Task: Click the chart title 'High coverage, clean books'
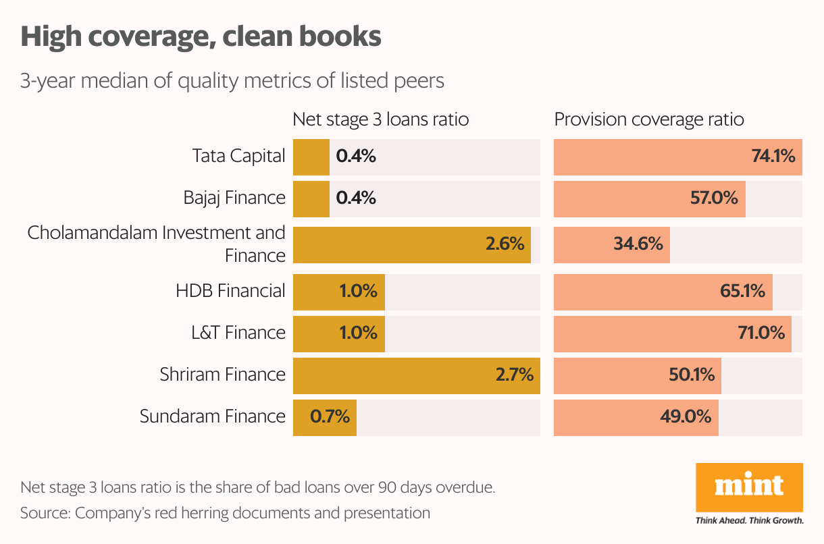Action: pos(201,36)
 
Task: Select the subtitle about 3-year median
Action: pos(232,81)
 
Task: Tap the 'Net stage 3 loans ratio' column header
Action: pos(380,119)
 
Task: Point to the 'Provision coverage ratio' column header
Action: pos(649,119)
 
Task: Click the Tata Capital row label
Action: pos(238,156)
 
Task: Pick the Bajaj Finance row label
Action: pos(234,198)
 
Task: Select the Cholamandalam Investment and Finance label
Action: pos(157,244)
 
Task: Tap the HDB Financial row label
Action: pos(230,291)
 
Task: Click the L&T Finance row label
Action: pos(238,333)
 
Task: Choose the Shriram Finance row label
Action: pos(222,374)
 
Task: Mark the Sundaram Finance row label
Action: pos(212,416)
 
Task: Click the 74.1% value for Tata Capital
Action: pos(773,157)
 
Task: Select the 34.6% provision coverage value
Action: pos(638,244)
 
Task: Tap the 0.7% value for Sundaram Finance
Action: pos(330,416)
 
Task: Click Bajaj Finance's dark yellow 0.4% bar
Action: pos(311,198)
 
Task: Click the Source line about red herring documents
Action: pos(225,513)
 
